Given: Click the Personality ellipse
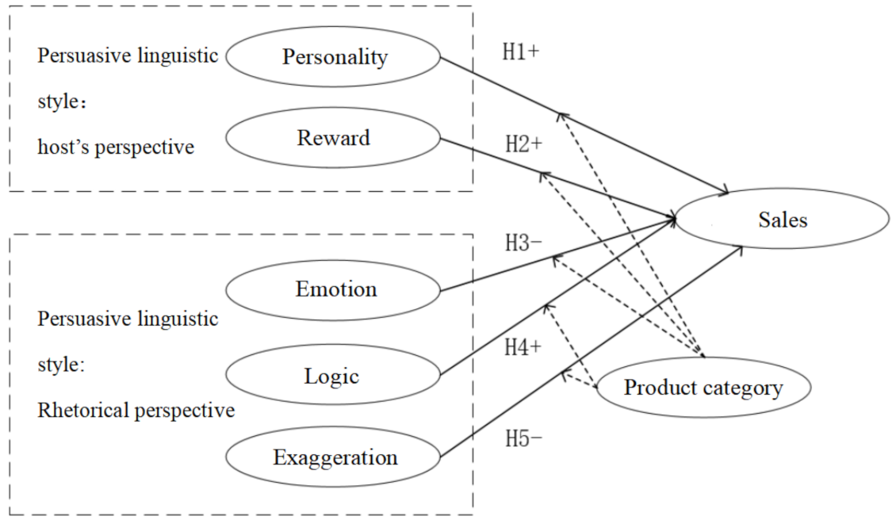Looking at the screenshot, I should pos(334,57).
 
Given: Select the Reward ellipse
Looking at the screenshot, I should pos(334,137).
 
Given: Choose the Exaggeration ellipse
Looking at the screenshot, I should pos(334,457).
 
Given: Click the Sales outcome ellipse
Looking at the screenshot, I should pos(781,219).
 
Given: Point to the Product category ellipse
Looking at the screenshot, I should pos(703,388).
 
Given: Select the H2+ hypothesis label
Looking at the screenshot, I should pos(524,144).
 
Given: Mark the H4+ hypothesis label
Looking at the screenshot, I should pos(524,347).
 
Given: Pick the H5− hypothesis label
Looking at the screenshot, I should pos(524,438).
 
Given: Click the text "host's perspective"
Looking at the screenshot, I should pos(116,147).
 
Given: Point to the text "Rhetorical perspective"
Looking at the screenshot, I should pos(136,410).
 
